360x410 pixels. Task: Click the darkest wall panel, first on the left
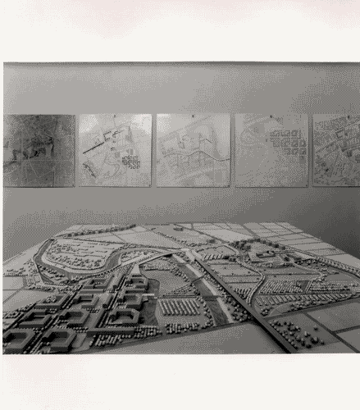(x=39, y=150)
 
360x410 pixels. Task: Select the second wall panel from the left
(x=115, y=150)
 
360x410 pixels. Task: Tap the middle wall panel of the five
(x=193, y=150)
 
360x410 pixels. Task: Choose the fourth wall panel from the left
(x=271, y=150)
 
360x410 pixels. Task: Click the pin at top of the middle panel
(x=193, y=116)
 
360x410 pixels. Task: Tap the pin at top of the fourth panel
(x=271, y=116)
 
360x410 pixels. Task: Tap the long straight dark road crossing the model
(x=238, y=303)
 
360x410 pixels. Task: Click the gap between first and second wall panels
(x=77, y=150)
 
